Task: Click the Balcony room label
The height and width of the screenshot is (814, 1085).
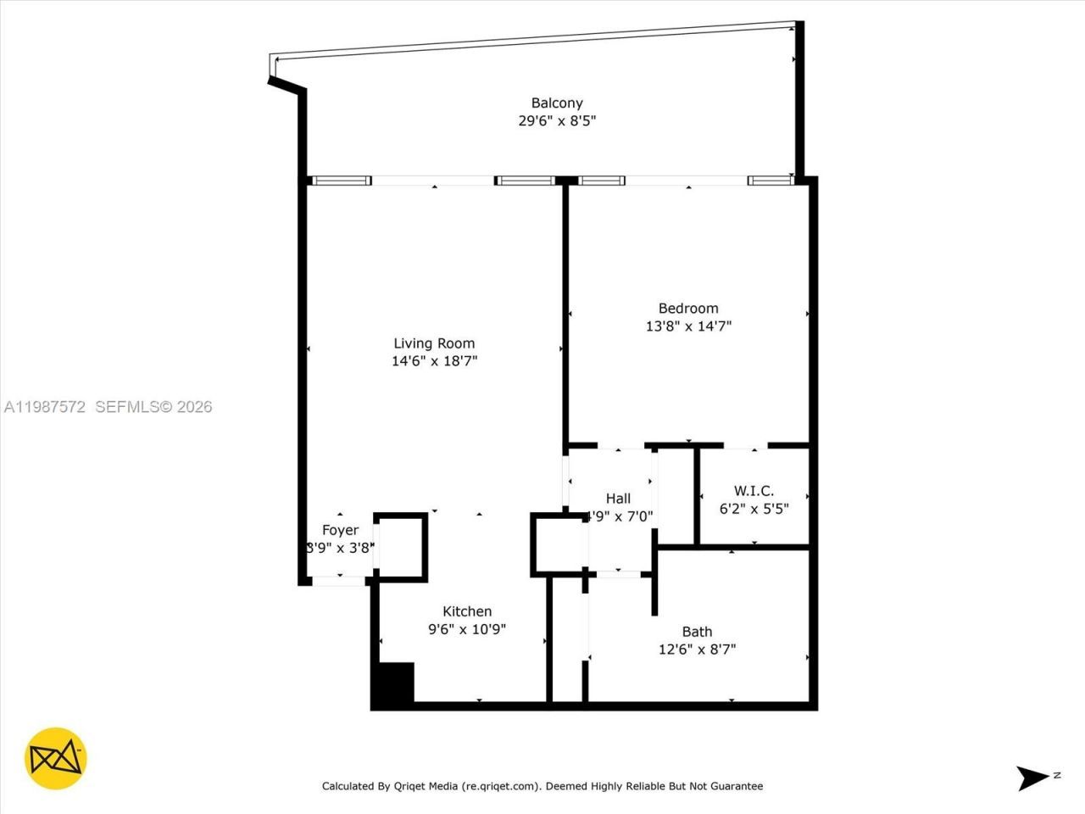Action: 557,103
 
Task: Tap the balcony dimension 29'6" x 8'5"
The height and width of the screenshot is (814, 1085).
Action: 557,120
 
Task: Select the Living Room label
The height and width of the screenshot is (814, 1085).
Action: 434,343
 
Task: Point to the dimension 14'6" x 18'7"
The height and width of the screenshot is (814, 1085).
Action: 434,361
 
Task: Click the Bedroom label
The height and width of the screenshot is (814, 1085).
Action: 688,309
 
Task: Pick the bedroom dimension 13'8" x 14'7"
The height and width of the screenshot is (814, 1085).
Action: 688,326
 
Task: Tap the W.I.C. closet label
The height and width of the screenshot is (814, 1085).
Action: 754,491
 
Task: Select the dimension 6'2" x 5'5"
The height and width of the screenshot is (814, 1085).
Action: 754,509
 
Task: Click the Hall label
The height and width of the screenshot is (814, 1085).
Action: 618,499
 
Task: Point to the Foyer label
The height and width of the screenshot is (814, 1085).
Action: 340,530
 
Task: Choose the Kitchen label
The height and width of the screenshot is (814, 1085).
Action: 467,611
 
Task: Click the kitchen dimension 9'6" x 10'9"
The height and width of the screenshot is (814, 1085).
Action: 467,629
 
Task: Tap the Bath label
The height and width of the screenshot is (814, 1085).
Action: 697,632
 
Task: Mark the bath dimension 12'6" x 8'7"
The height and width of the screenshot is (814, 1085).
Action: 697,650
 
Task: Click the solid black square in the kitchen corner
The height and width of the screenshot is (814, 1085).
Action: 394,683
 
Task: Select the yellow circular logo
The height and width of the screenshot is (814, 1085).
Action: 56,758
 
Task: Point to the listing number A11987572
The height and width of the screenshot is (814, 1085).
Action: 45,407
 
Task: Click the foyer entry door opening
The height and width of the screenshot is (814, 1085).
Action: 339,581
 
